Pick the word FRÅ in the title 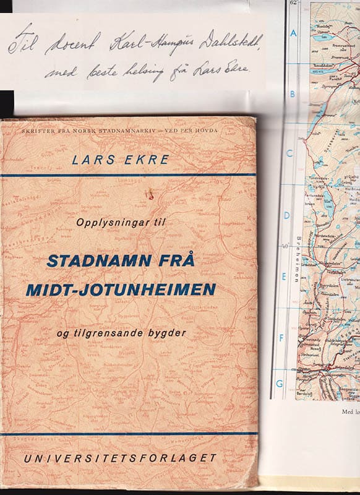(x=179, y=260)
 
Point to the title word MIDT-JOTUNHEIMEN (x=121, y=288)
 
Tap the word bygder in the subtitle (x=165, y=334)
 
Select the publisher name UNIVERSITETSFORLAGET (x=117, y=458)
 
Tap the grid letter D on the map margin (x=287, y=216)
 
